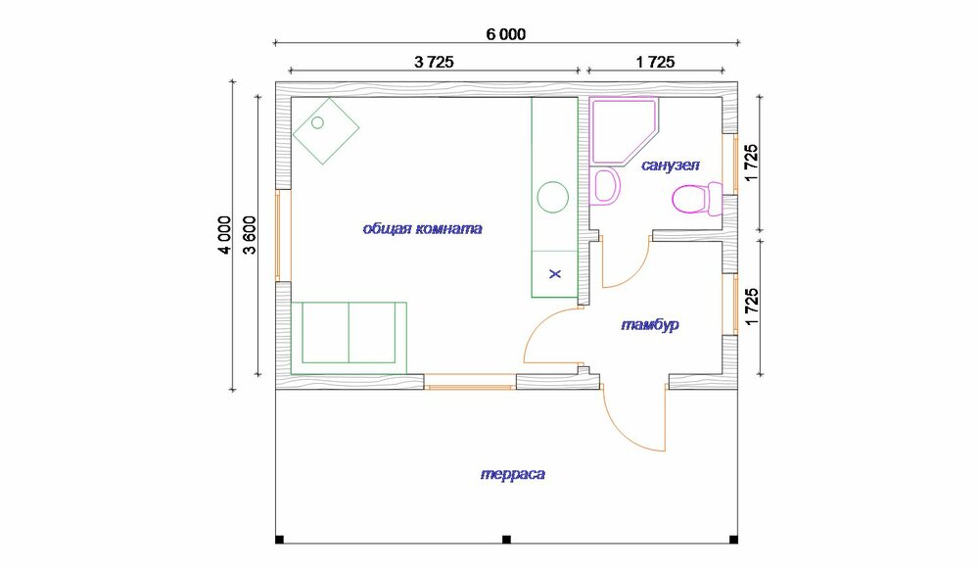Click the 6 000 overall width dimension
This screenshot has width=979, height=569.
pyautogui.click(x=506, y=34)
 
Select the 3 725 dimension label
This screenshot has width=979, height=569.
pyautogui.click(x=434, y=62)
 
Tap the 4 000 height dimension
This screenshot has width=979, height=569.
pyautogui.click(x=224, y=234)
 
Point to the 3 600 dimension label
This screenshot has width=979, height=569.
pyautogui.click(x=249, y=234)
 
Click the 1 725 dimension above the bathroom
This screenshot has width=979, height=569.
pyautogui.click(x=655, y=62)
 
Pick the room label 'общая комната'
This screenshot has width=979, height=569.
pyautogui.click(x=423, y=228)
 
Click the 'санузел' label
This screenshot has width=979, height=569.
pyautogui.click(x=671, y=166)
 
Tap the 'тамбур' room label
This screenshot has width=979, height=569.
pyautogui.click(x=650, y=325)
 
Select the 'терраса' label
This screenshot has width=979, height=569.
pyautogui.click(x=513, y=474)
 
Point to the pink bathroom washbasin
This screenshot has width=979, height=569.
pyautogui.click(x=606, y=186)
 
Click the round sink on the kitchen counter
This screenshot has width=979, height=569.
pyautogui.click(x=553, y=197)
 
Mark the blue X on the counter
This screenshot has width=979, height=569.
pyautogui.click(x=555, y=273)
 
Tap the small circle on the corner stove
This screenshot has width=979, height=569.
pyautogui.click(x=317, y=122)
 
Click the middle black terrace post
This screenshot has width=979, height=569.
pyautogui.click(x=506, y=539)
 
